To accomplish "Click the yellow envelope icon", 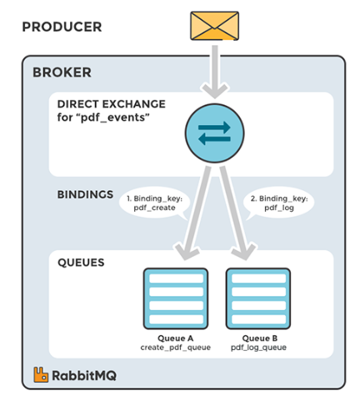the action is pos(214,26).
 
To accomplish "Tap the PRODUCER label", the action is pos(62,27).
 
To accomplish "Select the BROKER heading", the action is pos(62,73).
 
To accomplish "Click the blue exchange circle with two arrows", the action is pos(214,133).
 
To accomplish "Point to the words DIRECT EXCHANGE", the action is pos(112,104).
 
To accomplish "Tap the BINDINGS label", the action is pos(85,194).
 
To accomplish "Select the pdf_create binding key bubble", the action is pos(154,203).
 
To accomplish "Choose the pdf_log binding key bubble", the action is pos(279,203).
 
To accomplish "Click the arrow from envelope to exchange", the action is pos(215,72).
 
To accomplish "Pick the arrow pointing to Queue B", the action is pos(235,213).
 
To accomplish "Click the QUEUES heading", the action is pos(81,263).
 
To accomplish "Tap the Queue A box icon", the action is pos(176,298).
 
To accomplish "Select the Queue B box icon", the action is pos(258,298).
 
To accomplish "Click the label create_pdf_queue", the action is pos(176,348).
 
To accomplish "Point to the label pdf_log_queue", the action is pos(258,348).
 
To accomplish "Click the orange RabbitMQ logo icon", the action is pos(41,374).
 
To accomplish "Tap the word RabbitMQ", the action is pos(84,376).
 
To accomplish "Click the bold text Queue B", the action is pos(260,338).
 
